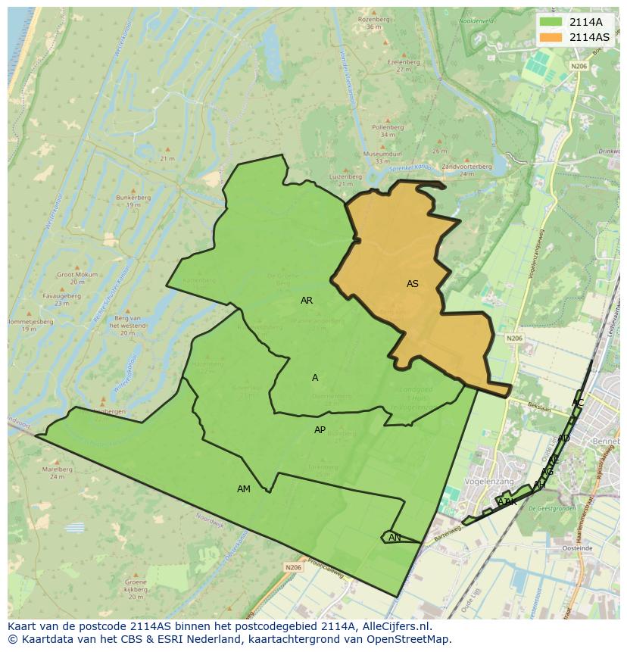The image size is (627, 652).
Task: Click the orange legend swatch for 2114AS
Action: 551,37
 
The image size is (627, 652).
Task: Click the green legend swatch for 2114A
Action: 551,22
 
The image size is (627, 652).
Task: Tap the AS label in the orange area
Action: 412,284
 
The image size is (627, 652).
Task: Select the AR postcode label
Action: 306,301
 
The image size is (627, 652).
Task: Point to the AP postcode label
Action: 320,430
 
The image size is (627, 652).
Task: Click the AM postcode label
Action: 243,489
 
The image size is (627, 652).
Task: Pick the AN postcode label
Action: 395,538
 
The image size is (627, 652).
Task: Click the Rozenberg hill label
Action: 373,19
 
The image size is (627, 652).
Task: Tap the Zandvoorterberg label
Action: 466,166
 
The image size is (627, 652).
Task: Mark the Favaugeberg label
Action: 62,295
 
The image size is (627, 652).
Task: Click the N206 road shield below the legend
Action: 579,66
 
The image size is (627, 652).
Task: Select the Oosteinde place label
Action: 578,547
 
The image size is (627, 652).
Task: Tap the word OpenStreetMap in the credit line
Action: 410,639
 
